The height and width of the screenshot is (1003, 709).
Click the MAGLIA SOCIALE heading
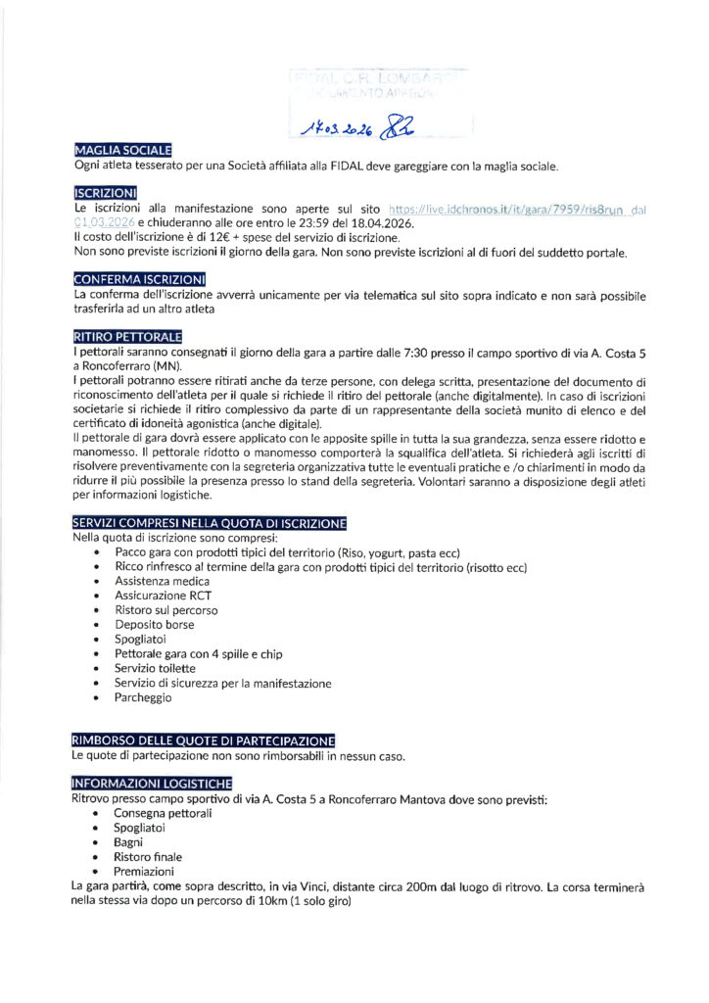[x=122, y=150]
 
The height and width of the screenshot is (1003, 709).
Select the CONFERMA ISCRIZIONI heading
[x=139, y=279]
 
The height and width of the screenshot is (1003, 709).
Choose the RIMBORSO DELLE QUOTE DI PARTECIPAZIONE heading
[x=204, y=740]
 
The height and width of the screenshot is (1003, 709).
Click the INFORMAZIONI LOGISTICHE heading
[x=153, y=783]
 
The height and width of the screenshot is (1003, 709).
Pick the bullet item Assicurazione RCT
[x=163, y=595]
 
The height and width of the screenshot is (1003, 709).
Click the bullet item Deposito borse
[x=154, y=624]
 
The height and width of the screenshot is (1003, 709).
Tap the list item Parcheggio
[x=143, y=697]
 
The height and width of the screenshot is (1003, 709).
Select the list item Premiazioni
[x=144, y=871]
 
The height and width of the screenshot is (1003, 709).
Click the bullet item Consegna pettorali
[x=163, y=813]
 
